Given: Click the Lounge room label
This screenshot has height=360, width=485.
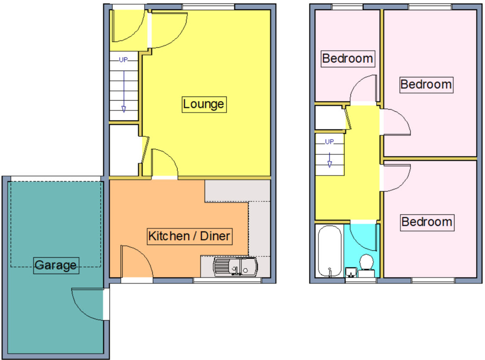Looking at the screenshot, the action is click(204, 104).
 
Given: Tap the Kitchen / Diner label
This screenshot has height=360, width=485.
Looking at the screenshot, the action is click(190, 237).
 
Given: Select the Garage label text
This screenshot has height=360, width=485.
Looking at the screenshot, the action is click(56, 265).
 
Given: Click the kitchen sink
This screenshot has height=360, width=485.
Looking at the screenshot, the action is click(235, 267).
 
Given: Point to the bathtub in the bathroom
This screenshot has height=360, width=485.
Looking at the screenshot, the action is click(329, 251).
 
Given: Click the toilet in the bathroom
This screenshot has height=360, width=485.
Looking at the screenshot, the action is click(366, 266).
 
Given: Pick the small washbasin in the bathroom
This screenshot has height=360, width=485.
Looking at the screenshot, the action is click(351, 272).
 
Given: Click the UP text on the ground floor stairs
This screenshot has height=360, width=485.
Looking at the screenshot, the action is click(123, 60).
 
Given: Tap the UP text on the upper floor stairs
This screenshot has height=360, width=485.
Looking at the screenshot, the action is click(329, 142).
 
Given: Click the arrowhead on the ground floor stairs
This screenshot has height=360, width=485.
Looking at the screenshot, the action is click(124, 109).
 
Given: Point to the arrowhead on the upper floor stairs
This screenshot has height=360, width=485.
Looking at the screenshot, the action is click(329, 164).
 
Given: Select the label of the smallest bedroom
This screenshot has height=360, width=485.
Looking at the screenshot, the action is click(348, 59).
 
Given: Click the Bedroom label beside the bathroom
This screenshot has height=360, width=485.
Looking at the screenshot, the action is click(427, 222).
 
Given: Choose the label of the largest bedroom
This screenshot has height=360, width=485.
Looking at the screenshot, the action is click(426, 85).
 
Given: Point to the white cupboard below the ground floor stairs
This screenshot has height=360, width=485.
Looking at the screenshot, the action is click(124, 150).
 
